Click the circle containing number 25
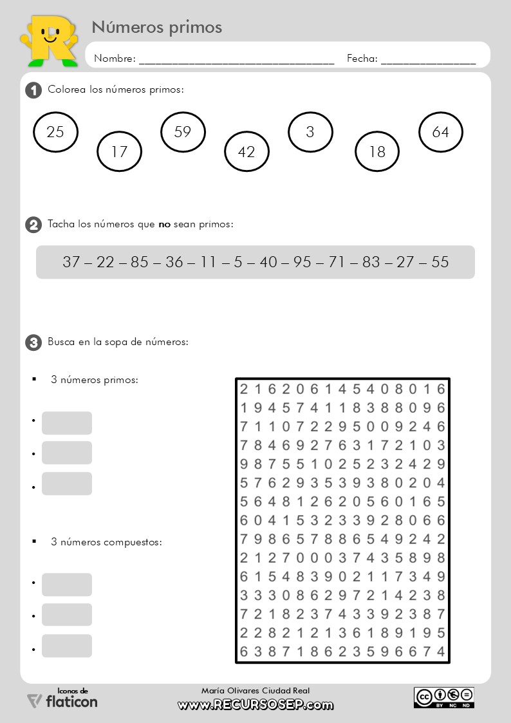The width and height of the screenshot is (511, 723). [x=55, y=133]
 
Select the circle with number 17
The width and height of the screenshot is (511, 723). [x=119, y=152]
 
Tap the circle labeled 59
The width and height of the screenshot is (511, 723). [x=183, y=132]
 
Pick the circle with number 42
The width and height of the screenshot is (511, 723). [x=246, y=152]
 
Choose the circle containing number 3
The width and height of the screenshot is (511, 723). [x=310, y=132]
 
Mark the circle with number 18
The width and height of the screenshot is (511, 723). [x=377, y=152]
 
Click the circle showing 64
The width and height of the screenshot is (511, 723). [x=441, y=132]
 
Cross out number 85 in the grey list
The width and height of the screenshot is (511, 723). [x=140, y=262]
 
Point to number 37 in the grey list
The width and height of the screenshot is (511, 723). [x=71, y=262]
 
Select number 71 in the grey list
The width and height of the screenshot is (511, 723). [x=337, y=262]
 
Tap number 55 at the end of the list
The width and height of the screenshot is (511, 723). [x=440, y=262]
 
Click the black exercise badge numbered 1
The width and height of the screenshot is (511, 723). [x=33, y=90]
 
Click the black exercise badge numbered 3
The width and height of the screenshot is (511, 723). [x=33, y=343]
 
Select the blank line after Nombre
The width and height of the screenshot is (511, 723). [x=236, y=59]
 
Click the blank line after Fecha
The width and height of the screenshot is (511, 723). [x=428, y=59]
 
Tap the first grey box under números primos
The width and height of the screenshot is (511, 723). [x=67, y=423]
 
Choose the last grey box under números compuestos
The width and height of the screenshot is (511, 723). [x=67, y=646]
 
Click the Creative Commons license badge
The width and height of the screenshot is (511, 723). [x=444, y=697]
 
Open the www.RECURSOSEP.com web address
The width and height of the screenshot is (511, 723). [x=256, y=705]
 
